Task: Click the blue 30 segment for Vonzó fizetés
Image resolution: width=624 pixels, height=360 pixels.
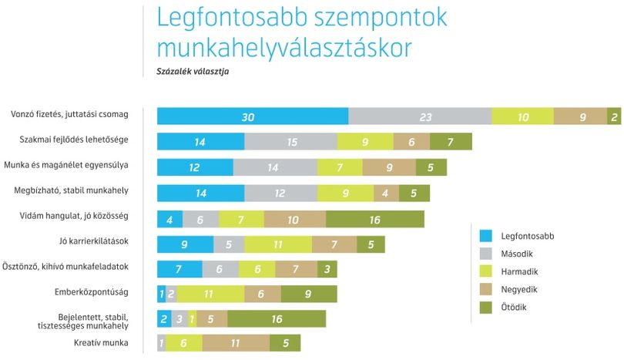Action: pyautogui.click(x=253, y=116)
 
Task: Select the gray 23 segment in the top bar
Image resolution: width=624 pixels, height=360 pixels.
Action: pyautogui.click(x=421, y=116)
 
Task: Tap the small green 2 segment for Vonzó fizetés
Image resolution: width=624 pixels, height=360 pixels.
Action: pyautogui.click(x=614, y=116)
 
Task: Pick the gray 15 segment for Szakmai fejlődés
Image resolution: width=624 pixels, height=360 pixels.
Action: pyautogui.click(x=291, y=141)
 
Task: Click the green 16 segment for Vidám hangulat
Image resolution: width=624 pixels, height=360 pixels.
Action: pyautogui.click(x=375, y=219)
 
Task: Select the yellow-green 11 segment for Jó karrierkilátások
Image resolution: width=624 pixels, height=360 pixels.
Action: pyautogui.click(x=278, y=244)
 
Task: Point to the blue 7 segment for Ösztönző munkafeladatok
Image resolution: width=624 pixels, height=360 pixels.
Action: pyautogui.click(x=179, y=269)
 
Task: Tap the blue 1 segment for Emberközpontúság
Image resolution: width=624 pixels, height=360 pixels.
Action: pyautogui.click(x=162, y=294)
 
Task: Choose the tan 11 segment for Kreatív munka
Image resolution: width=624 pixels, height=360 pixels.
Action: pyautogui.click(x=236, y=343)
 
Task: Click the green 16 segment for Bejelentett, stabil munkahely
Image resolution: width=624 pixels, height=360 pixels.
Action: pyautogui.click(x=277, y=318)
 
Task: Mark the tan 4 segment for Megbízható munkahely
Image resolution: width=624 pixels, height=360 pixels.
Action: pyautogui.click(x=387, y=193)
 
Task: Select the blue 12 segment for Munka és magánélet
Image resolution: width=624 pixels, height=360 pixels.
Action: pyautogui.click(x=196, y=167)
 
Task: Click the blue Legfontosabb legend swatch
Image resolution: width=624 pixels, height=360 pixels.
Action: pyautogui.click(x=486, y=236)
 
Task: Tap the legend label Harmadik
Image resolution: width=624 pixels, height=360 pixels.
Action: pyautogui.click(x=519, y=271)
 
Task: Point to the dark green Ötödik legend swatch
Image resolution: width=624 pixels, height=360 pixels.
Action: pyautogui.click(x=486, y=308)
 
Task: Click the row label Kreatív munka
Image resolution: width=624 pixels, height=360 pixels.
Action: pyautogui.click(x=101, y=342)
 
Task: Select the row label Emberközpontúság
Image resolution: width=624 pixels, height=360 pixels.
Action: pyautogui.click(x=92, y=292)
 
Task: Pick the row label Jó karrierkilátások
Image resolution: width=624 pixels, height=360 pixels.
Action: pyautogui.click(x=94, y=241)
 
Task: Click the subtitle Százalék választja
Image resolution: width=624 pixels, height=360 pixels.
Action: pyautogui.click(x=193, y=72)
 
